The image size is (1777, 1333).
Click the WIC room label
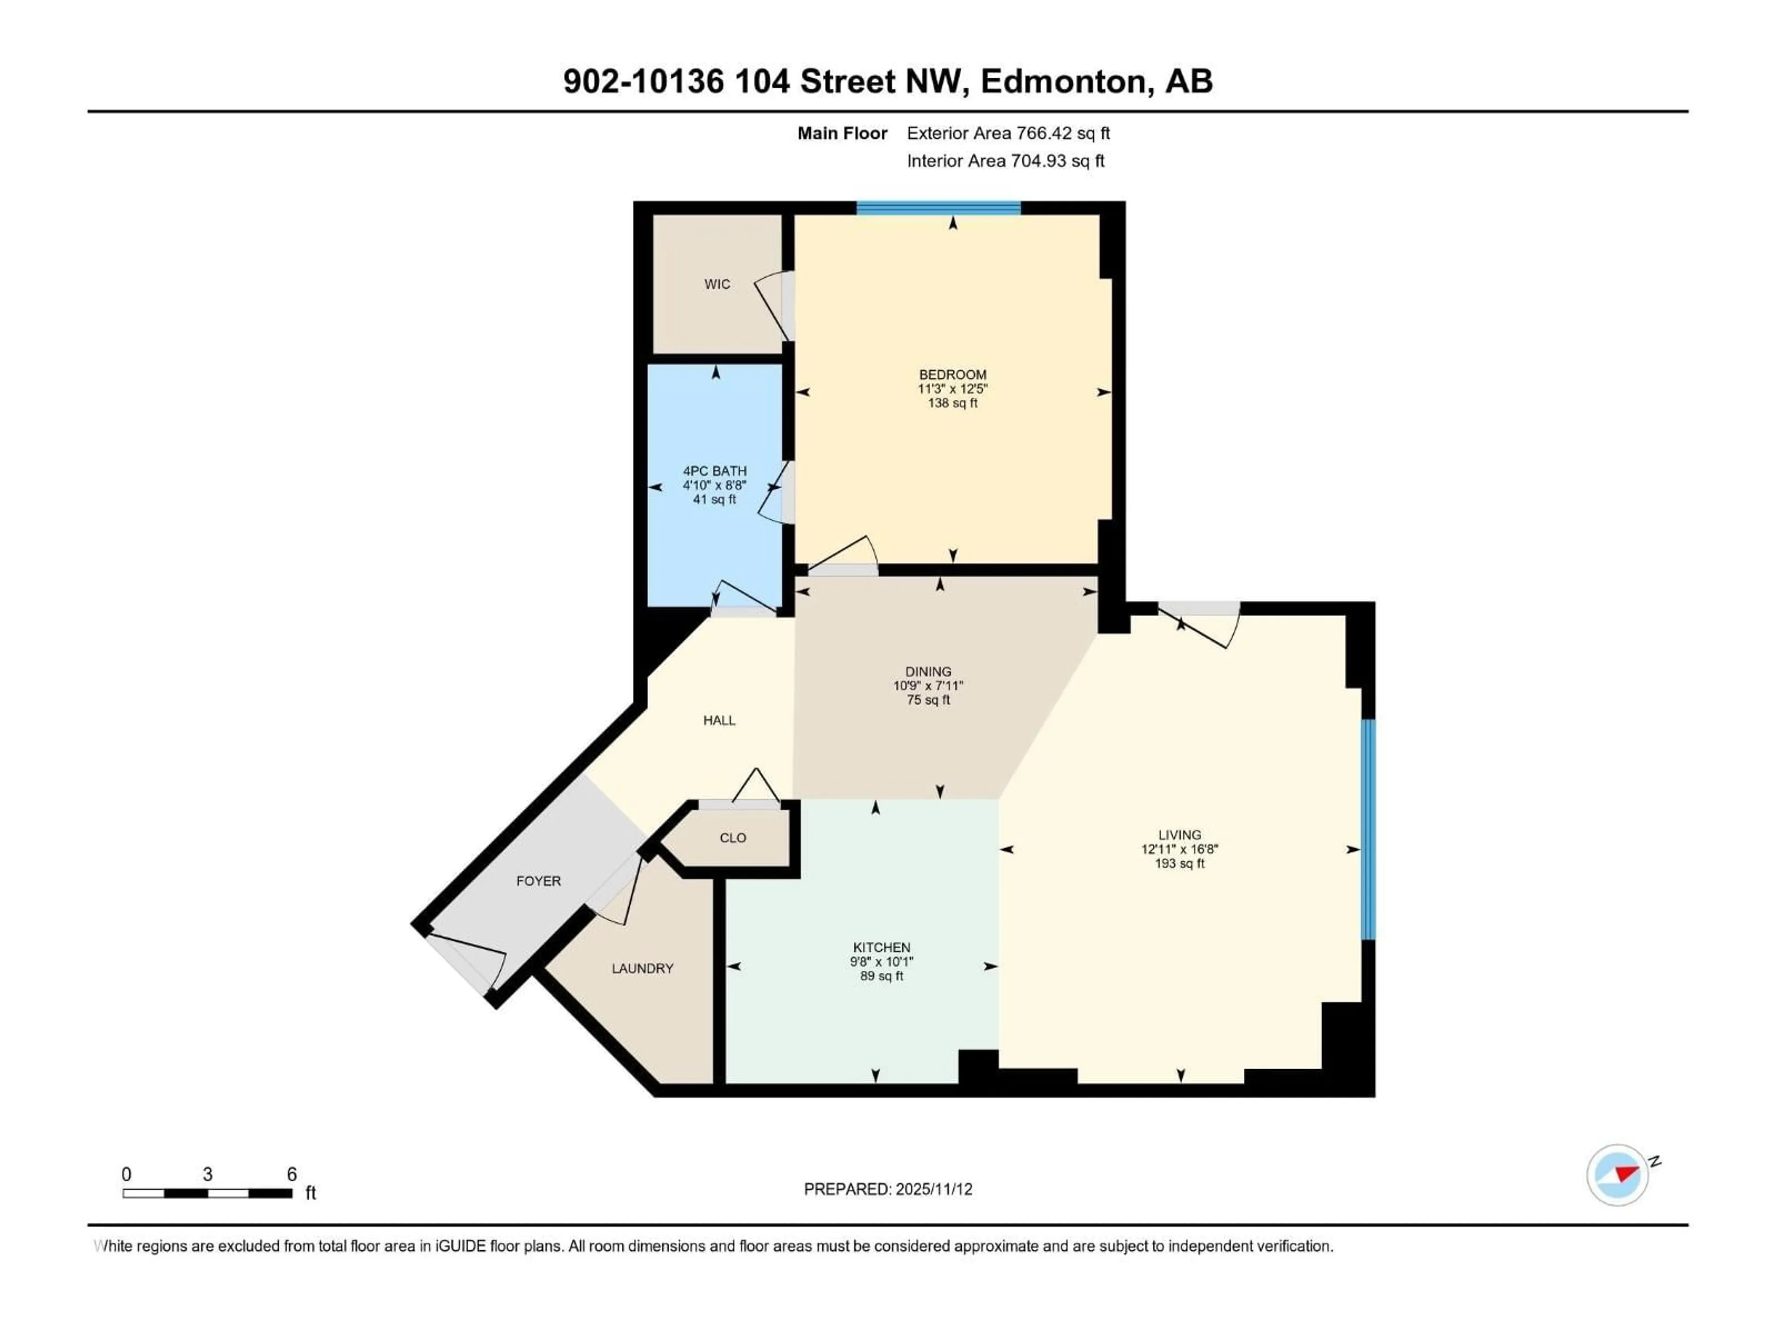(716, 284)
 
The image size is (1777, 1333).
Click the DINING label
(928, 671)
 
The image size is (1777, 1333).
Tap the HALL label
(719, 720)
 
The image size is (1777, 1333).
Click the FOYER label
(538, 881)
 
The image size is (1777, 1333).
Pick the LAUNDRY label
(642, 968)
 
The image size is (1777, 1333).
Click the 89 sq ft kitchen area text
(881, 975)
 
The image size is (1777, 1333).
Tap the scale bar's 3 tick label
(207, 1174)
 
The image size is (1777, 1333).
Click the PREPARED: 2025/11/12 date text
(888, 1189)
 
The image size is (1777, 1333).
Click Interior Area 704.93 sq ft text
(1005, 161)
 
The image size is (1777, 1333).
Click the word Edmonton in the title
(1062, 81)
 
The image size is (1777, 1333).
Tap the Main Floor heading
(841, 133)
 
